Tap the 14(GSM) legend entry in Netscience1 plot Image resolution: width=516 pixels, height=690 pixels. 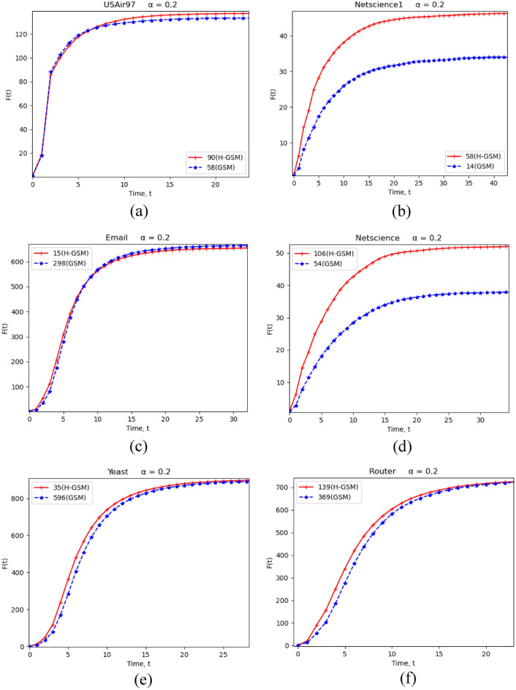click(x=483, y=167)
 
